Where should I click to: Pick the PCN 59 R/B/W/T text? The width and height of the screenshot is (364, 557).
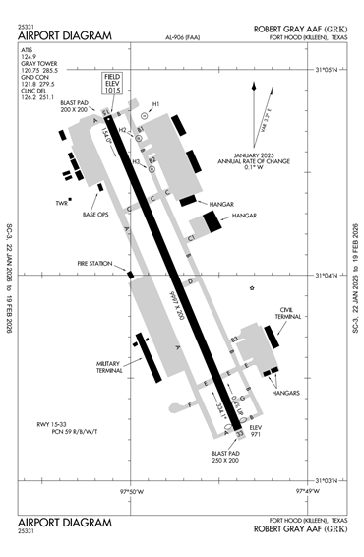(62, 433)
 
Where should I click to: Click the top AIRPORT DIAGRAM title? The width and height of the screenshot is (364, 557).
(65, 36)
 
